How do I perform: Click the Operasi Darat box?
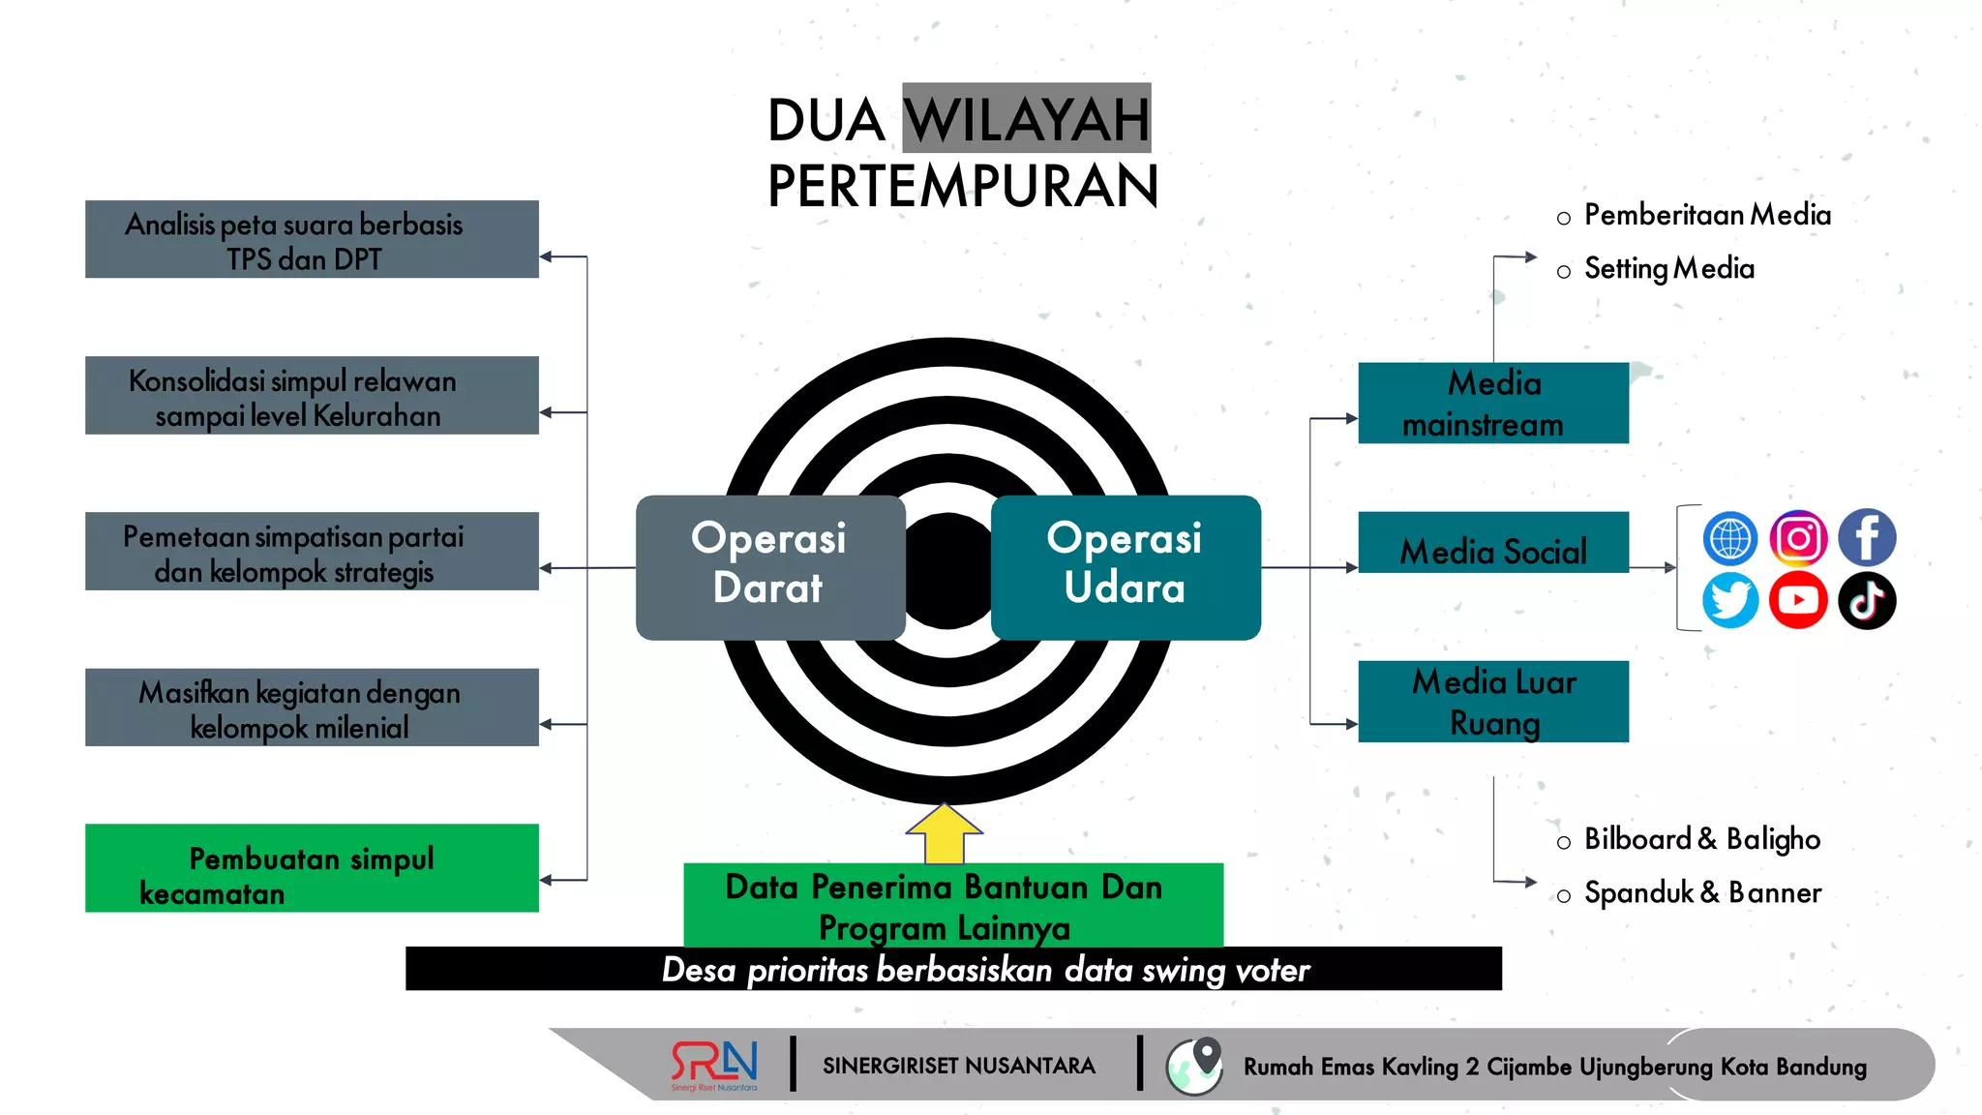pyautogui.click(x=769, y=566)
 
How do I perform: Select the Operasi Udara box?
pyautogui.click(x=1125, y=566)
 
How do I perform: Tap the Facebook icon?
pyautogui.click(x=1866, y=537)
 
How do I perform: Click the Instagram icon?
pyautogui.click(x=1798, y=537)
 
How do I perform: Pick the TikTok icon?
pyautogui.click(x=1866, y=600)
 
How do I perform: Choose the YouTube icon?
pyautogui.click(x=1798, y=600)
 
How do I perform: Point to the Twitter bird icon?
pyautogui.click(x=1730, y=600)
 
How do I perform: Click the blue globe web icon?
pyautogui.click(x=1730, y=538)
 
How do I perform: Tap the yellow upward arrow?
pyautogui.click(x=944, y=833)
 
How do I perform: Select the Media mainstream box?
pyautogui.click(x=1492, y=403)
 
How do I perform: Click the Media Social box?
pyautogui.click(x=1492, y=543)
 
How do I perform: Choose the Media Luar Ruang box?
pyautogui.click(x=1492, y=702)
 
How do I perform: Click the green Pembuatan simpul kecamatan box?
pyautogui.click(x=312, y=868)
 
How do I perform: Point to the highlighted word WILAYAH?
pyautogui.click(x=1026, y=119)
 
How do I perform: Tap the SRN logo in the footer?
pyautogui.click(x=714, y=1065)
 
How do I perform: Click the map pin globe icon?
pyautogui.click(x=1195, y=1066)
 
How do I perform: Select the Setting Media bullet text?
pyautogui.click(x=1668, y=268)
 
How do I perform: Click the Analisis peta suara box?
pyautogui.click(x=312, y=239)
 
